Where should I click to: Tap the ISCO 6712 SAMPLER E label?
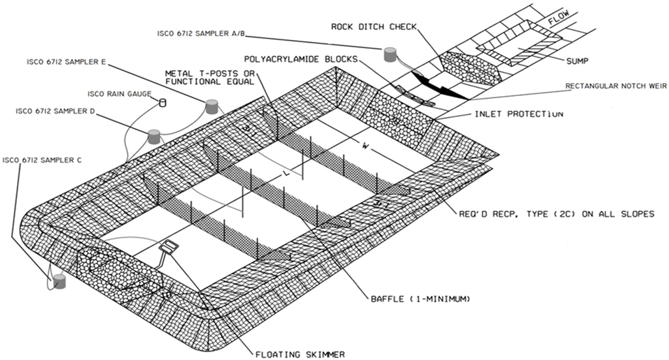coord(66,63)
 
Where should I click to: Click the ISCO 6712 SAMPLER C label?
coord(43,160)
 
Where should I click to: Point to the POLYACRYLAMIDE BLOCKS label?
coord(308,59)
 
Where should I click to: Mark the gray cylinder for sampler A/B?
coord(391,54)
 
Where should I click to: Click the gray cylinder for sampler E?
coord(212,106)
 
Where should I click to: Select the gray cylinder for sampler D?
coord(154,137)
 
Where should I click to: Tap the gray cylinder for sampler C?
coord(59,282)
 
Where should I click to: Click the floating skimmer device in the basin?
coord(170,247)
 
